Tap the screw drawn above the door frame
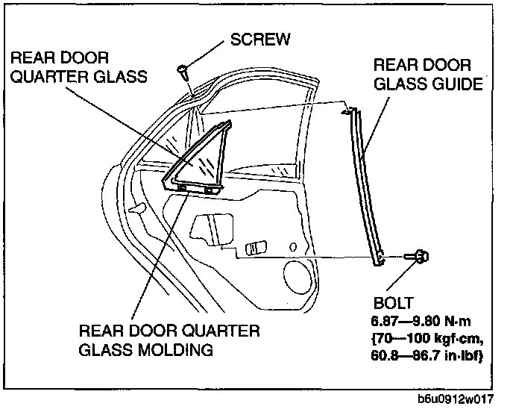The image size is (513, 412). tap(182, 72)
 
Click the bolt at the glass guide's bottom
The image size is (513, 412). tap(417, 257)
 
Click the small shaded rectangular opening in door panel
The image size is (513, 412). tap(256, 247)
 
